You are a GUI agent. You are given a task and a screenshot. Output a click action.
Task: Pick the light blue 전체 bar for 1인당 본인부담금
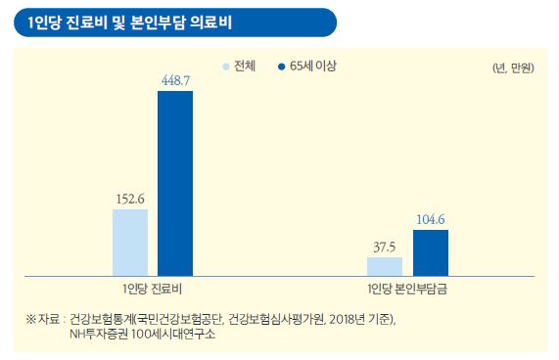tap(385, 266)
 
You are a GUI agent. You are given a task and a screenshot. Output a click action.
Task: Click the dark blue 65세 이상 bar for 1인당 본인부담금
tap(431, 252)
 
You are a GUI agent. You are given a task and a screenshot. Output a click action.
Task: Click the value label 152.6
tap(130, 199)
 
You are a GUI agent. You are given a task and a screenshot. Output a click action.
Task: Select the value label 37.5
tap(384, 247)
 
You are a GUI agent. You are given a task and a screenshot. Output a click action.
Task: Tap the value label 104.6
tap(431, 219)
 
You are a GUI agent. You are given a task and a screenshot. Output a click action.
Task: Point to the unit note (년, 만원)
tap(512, 69)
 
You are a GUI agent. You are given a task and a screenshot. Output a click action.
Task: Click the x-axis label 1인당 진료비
tap(153, 291)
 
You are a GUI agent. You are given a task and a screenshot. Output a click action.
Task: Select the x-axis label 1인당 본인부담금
tap(408, 291)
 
